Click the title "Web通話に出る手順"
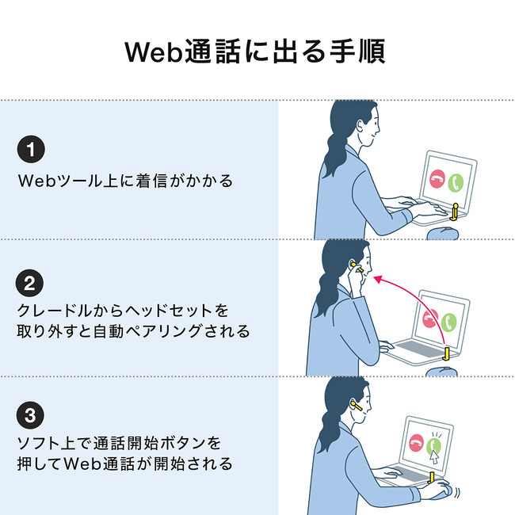(x=255, y=51)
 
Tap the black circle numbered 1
(x=31, y=149)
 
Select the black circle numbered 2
(x=29, y=283)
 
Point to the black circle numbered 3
(x=30, y=415)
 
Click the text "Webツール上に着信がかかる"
(x=125, y=181)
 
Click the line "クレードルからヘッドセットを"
(x=123, y=311)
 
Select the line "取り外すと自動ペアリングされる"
(x=134, y=331)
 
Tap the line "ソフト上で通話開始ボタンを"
(x=119, y=443)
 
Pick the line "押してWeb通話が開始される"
(x=125, y=463)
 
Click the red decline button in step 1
(x=437, y=179)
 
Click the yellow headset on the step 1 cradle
(x=455, y=212)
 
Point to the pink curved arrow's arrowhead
(x=379, y=279)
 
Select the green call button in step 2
(x=448, y=322)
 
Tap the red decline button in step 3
(x=416, y=443)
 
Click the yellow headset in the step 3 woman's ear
(x=357, y=406)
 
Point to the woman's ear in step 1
(x=360, y=125)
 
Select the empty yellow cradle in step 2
(x=446, y=353)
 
